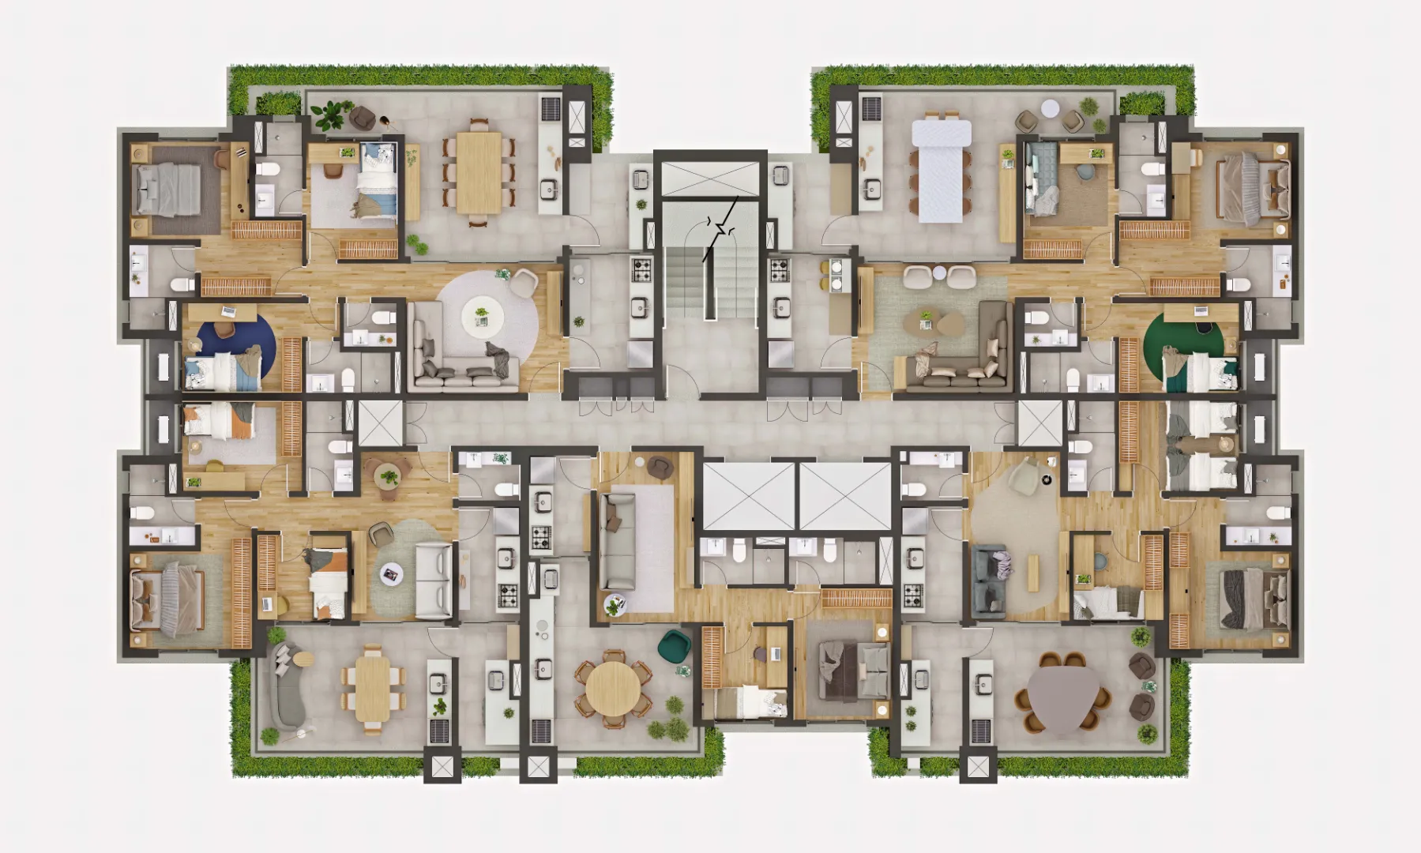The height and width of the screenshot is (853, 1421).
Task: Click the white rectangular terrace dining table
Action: pos(940,170)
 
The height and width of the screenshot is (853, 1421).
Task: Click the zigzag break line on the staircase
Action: pos(720,229)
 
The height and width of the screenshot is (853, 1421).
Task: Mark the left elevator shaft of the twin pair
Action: pos(748,496)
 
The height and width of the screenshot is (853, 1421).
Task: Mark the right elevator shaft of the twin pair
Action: pos(845,496)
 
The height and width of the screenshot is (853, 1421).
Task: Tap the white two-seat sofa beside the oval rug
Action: pos(434,581)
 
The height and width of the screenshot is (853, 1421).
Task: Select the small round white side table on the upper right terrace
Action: pos(1050,108)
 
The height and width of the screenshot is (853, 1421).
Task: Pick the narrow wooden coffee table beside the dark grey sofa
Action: pos(1032,573)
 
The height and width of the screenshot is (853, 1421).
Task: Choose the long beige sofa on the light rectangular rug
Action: pos(617,541)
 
